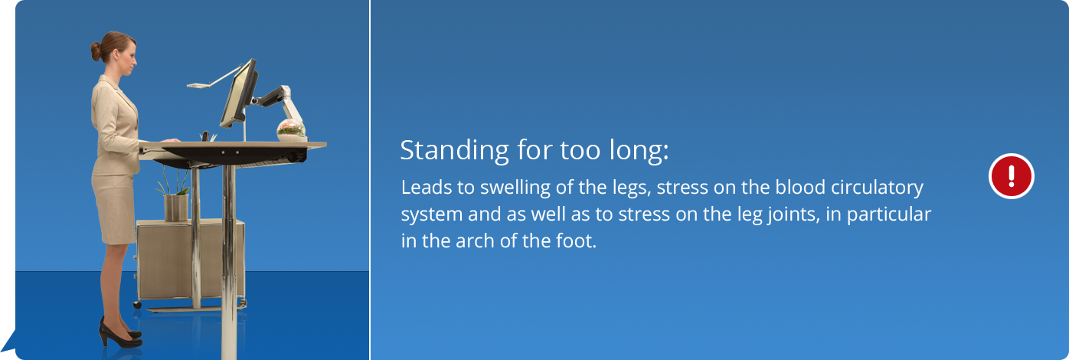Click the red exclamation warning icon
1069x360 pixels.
tap(1012, 176)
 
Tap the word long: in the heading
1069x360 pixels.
tap(639, 151)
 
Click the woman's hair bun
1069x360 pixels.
tap(96, 51)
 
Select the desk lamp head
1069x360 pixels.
tap(198, 86)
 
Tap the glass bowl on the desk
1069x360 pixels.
tap(291, 130)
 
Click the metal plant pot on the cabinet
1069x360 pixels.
tap(176, 208)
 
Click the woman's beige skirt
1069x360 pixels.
tap(114, 208)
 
